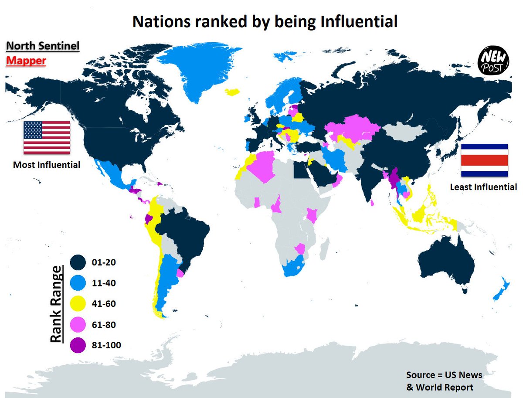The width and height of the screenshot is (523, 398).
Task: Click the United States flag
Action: [47, 137]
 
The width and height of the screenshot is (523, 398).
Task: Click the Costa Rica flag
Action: [484, 160]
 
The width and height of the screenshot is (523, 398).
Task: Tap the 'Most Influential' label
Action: [47, 165]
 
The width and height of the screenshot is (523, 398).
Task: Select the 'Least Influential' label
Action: [483, 187]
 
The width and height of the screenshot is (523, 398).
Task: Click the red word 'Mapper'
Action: [26, 61]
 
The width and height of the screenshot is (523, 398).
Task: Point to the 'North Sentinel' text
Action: [42, 46]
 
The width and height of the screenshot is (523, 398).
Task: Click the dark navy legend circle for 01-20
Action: [78, 263]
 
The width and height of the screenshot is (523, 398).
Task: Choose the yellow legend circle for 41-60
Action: [78, 304]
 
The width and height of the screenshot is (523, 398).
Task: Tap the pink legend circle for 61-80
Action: [78, 325]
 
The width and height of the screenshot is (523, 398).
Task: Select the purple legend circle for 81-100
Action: [78, 346]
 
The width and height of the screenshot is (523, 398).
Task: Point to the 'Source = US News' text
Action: [444, 375]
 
